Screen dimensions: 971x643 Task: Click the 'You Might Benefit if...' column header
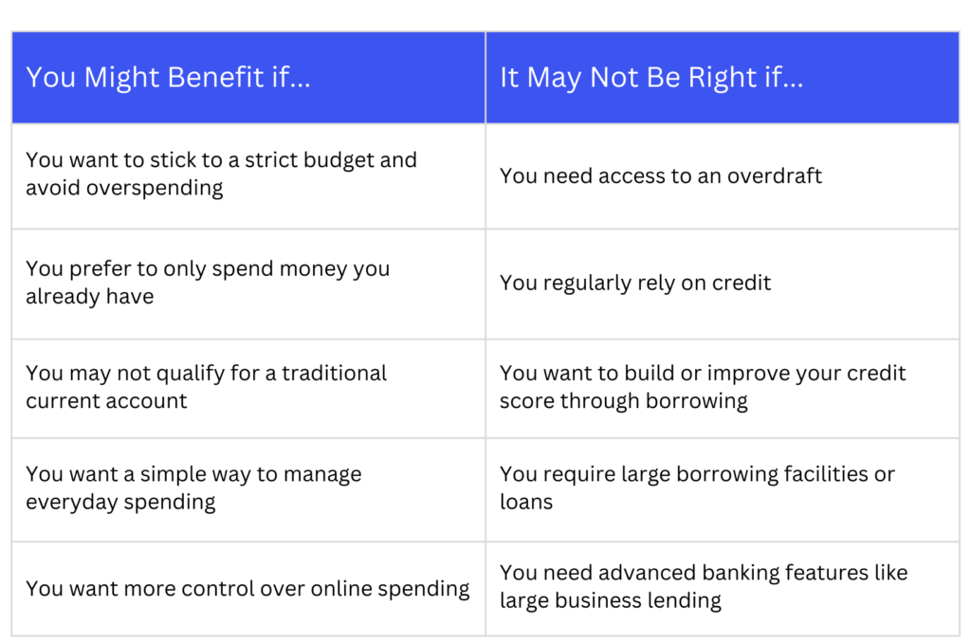(x=168, y=78)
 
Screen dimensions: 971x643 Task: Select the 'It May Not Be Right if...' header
(x=650, y=78)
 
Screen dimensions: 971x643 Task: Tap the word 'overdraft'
(x=774, y=176)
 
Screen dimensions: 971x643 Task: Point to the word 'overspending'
(x=155, y=189)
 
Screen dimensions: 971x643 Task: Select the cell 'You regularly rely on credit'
(x=635, y=284)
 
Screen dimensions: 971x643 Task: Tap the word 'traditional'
(x=334, y=373)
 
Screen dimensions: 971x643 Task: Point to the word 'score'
(x=527, y=401)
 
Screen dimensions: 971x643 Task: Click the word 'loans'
(x=525, y=502)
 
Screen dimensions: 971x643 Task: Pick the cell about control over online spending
(x=247, y=589)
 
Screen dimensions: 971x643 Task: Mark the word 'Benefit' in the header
(x=215, y=78)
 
